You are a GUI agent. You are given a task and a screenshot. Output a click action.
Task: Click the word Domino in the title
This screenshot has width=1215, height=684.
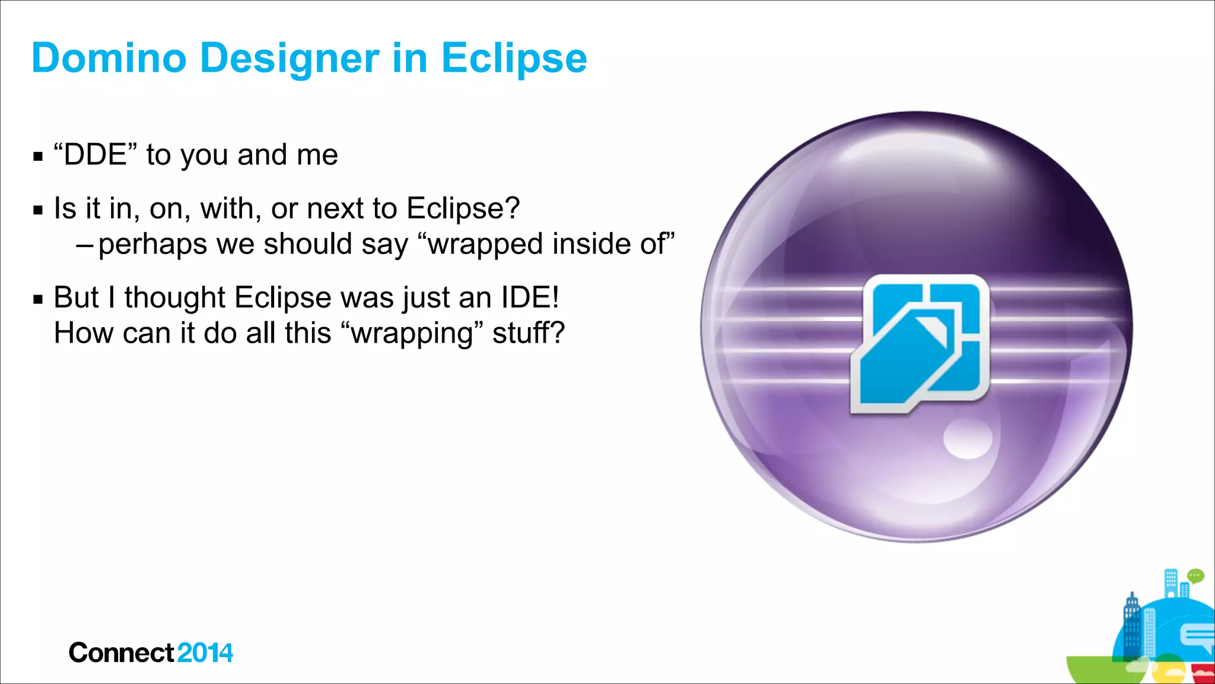click(x=109, y=58)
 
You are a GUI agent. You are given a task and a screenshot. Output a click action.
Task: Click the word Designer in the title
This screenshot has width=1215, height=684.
click(x=290, y=58)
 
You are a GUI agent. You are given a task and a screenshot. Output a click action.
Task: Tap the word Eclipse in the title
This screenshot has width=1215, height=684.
click(x=514, y=58)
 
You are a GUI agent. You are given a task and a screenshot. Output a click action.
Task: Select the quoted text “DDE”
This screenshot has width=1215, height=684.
click(x=95, y=155)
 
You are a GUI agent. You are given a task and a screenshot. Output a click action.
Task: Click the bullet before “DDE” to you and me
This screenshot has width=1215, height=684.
click(x=39, y=157)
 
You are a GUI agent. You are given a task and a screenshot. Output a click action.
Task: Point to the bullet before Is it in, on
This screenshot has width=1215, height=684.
click(x=39, y=210)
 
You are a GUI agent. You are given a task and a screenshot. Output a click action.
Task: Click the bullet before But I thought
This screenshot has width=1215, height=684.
click(x=39, y=299)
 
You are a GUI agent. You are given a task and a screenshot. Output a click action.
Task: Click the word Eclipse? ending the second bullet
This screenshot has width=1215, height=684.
click(x=463, y=209)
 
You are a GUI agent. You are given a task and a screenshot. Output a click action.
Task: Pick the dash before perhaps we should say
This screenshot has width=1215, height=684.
click(x=85, y=245)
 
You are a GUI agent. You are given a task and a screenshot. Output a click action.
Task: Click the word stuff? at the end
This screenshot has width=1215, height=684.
click(x=528, y=332)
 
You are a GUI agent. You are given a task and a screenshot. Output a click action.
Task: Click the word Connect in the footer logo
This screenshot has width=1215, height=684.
click(x=121, y=653)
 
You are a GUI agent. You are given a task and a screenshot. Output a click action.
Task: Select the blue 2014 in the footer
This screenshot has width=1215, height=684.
click(x=205, y=653)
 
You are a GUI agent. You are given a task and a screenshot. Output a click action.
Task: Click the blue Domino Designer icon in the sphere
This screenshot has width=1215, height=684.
click(x=920, y=343)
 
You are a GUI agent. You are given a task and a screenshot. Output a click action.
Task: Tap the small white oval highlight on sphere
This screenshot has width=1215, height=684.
click(x=968, y=440)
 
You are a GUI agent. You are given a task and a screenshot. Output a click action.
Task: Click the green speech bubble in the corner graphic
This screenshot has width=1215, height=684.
click(x=1195, y=575)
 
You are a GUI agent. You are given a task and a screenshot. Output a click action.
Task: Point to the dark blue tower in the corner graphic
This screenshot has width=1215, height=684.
click(x=1132, y=626)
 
